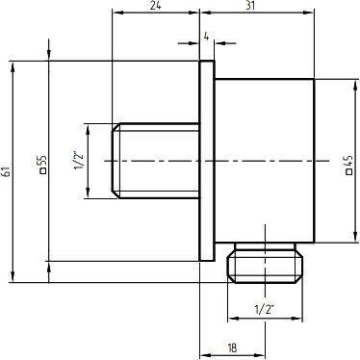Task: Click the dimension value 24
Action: pos(156,5)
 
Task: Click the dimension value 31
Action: pos(250,5)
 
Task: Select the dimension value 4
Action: pos(206,37)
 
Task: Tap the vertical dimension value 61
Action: pos(7,171)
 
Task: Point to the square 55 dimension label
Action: pos(42,165)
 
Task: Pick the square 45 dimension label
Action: pos(349,165)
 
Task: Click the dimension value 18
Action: pos(232,347)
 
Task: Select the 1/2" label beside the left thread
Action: pos(79,162)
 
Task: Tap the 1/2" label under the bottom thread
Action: pos(265,310)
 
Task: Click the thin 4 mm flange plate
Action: pos(207,161)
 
